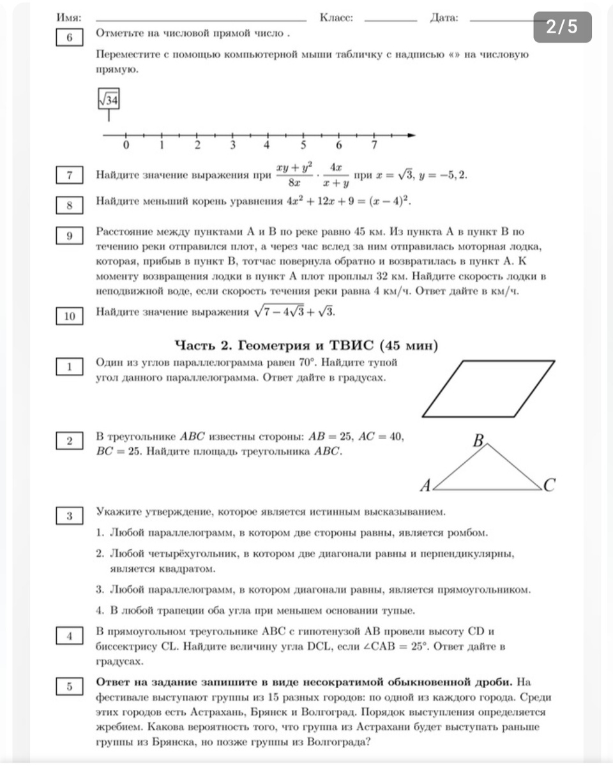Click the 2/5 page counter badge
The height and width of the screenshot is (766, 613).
click(x=562, y=27)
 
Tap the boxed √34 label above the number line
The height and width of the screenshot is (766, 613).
click(x=109, y=100)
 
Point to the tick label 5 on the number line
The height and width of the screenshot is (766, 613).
click(x=303, y=146)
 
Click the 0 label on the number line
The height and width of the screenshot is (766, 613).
click(x=126, y=146)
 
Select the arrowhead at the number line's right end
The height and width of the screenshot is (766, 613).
click(x=411, y=135)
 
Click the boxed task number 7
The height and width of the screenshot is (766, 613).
click(x=70, y=175)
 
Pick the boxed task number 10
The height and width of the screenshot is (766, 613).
click(x=70, y=315)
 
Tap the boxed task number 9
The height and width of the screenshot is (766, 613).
click(x=70, y=236)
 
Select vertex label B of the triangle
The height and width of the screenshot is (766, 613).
click(x=479, y=440)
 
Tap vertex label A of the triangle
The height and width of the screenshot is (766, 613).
click(x=425, y=486)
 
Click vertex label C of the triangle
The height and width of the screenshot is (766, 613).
click(x=549, y=486)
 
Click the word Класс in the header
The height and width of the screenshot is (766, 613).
click(x=337, y=19)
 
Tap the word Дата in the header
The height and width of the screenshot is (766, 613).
click(x=444, y=19)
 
